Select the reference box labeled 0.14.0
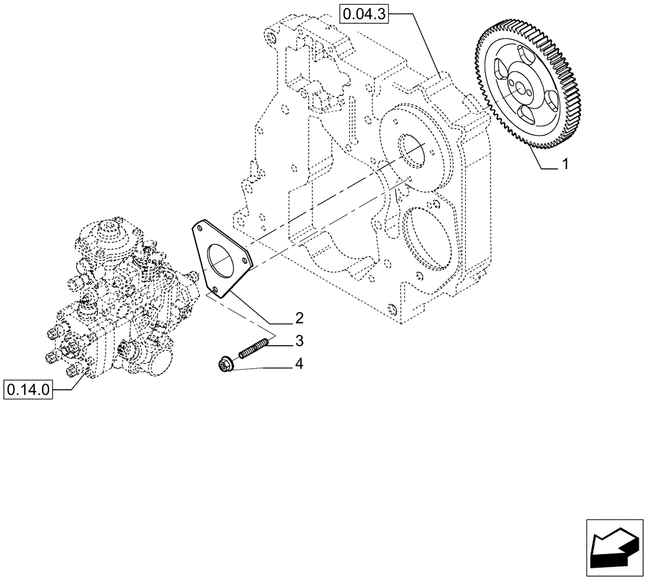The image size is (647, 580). tap(28, 390)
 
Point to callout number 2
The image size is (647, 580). tap(299, 318)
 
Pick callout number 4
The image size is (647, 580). tap(299, 364)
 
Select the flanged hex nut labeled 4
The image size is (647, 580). tap(224, 365)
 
